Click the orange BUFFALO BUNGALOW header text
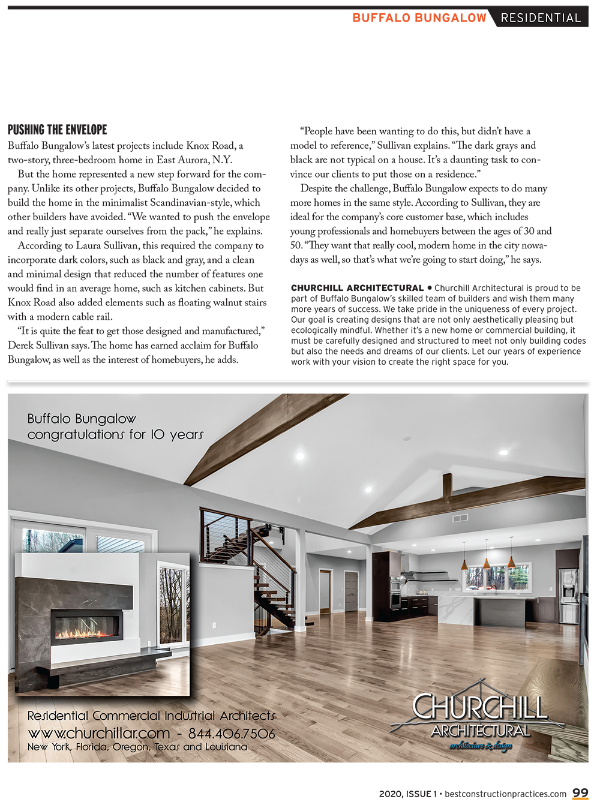coord(419,18)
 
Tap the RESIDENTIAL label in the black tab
coord(541,18)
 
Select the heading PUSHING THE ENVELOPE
coord(58,130)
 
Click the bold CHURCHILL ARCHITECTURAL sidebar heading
coord(358,288)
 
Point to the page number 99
coord(580,793)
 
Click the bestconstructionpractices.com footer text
coord(505,794)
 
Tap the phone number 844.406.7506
coord(232,734)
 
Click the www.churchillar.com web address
coord(99,734)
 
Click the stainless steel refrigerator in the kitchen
coord(568,594)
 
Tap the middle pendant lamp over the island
coord(487,561)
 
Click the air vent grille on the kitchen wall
coord(460,518)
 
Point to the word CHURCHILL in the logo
coord(480,707)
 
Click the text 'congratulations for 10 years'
coord(116,434)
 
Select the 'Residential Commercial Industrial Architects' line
coord(151,716)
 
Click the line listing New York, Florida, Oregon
coord(137,747)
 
